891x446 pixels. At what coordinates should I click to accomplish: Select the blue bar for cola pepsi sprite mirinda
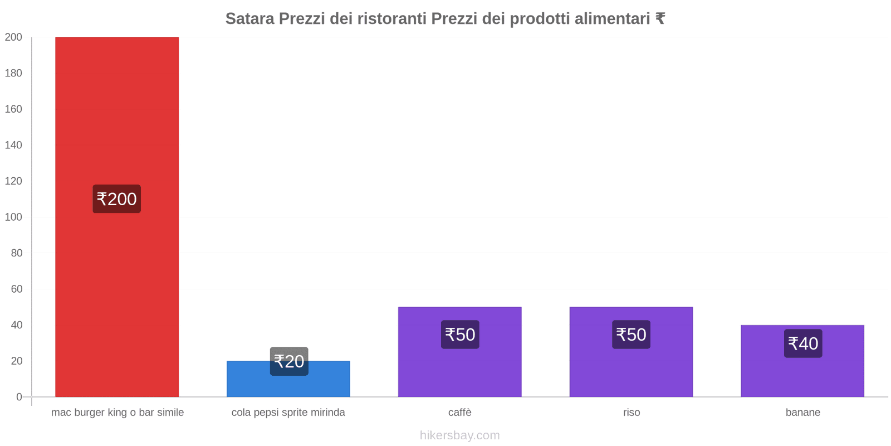point(288,385)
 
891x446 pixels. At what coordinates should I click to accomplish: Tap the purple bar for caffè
point(459,368)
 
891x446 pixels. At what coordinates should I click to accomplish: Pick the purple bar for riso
point(631,368)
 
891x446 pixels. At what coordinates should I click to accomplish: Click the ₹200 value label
point(116,199)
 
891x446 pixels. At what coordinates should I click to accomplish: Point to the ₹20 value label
point(289,361)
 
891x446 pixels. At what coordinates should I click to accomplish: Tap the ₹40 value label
point(803,343)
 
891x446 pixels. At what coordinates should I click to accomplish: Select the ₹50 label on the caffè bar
point(460,334)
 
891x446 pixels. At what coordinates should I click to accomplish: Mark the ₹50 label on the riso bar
point(631,334)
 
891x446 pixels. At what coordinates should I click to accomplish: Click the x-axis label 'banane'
point(802,413)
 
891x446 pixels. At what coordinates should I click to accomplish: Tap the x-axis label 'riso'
point(631,413)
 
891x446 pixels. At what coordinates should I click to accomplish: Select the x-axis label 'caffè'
point(459,413)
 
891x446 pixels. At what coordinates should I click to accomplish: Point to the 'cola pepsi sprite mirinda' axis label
point(288,413)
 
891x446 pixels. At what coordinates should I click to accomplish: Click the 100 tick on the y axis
point(13,217)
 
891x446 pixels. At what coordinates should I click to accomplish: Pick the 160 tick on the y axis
point(13,109)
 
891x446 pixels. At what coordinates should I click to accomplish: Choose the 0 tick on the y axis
point(19,397)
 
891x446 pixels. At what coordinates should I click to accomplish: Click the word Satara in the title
point(249,19)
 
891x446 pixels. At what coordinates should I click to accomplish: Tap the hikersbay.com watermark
point(459,435)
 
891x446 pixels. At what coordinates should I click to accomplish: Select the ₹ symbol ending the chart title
point(660,19)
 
